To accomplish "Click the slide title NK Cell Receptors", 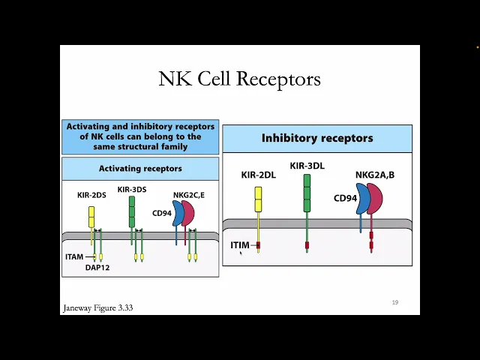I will tap(239, 79).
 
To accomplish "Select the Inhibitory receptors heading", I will tap(316, 138).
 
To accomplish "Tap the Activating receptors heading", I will tap(140, 169).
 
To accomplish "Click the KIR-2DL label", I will tap(259, 175).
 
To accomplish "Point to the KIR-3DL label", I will tap(307, 165).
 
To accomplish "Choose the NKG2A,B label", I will tap(375, 175).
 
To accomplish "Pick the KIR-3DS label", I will tap(132, 189).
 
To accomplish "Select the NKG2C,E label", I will tap(188, 195).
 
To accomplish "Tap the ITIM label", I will tap(239, 245).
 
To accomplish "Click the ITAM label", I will tap(74, 257).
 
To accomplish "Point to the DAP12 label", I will tap(97, 267).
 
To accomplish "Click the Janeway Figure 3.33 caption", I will tap(97, 307).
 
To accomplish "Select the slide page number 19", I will tap(394, 302).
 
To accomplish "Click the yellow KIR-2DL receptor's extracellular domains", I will tap(258, 199).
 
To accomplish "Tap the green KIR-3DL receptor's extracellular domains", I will tap(307, 193).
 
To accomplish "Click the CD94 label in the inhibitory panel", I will tap(345, 199).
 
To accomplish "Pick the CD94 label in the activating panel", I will tap(162, 213).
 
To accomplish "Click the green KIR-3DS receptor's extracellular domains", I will tap(132, 211).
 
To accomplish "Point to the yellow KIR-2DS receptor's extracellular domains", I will tap(91, 217).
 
